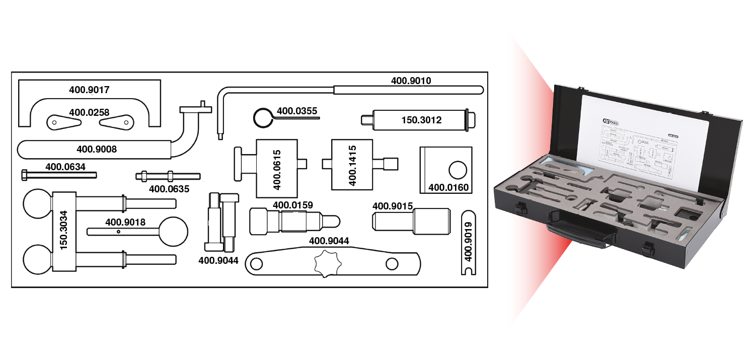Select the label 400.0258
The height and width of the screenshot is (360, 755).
[x=89, y=112]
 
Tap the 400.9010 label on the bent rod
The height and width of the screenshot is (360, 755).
[x=411, y=80]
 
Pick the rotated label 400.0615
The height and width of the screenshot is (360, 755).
[x=276, y=169]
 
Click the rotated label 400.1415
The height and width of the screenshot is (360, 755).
[x=352, y=165]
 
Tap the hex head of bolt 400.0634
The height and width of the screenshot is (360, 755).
[x=25, y=175]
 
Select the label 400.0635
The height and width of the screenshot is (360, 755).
[x=169, y=189]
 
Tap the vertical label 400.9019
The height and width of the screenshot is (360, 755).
[x=469, y=242]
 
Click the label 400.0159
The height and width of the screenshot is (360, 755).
[x=292, y=205]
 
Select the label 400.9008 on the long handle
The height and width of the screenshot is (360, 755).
[x=96, y=149]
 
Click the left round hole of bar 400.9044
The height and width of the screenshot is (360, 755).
[x=256, y=263]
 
